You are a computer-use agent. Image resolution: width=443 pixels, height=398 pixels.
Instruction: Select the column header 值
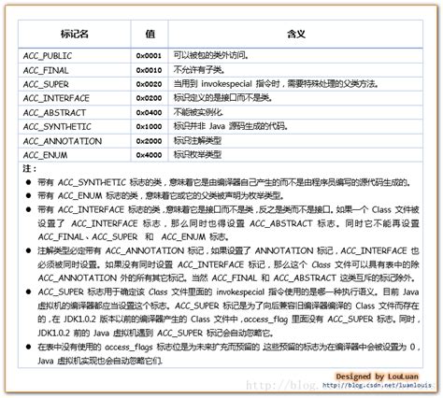coord(150,33)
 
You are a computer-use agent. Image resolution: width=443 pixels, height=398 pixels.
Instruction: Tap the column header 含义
coord(296,33)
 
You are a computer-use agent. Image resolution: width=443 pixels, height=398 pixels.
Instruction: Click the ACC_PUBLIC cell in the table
coord(49,56)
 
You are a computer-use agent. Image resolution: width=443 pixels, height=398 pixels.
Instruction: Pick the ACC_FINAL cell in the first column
coord(46,70)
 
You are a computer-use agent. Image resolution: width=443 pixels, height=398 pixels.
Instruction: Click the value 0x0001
coord(150,56)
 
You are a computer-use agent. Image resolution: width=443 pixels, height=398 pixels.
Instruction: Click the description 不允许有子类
coord(200,70)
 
